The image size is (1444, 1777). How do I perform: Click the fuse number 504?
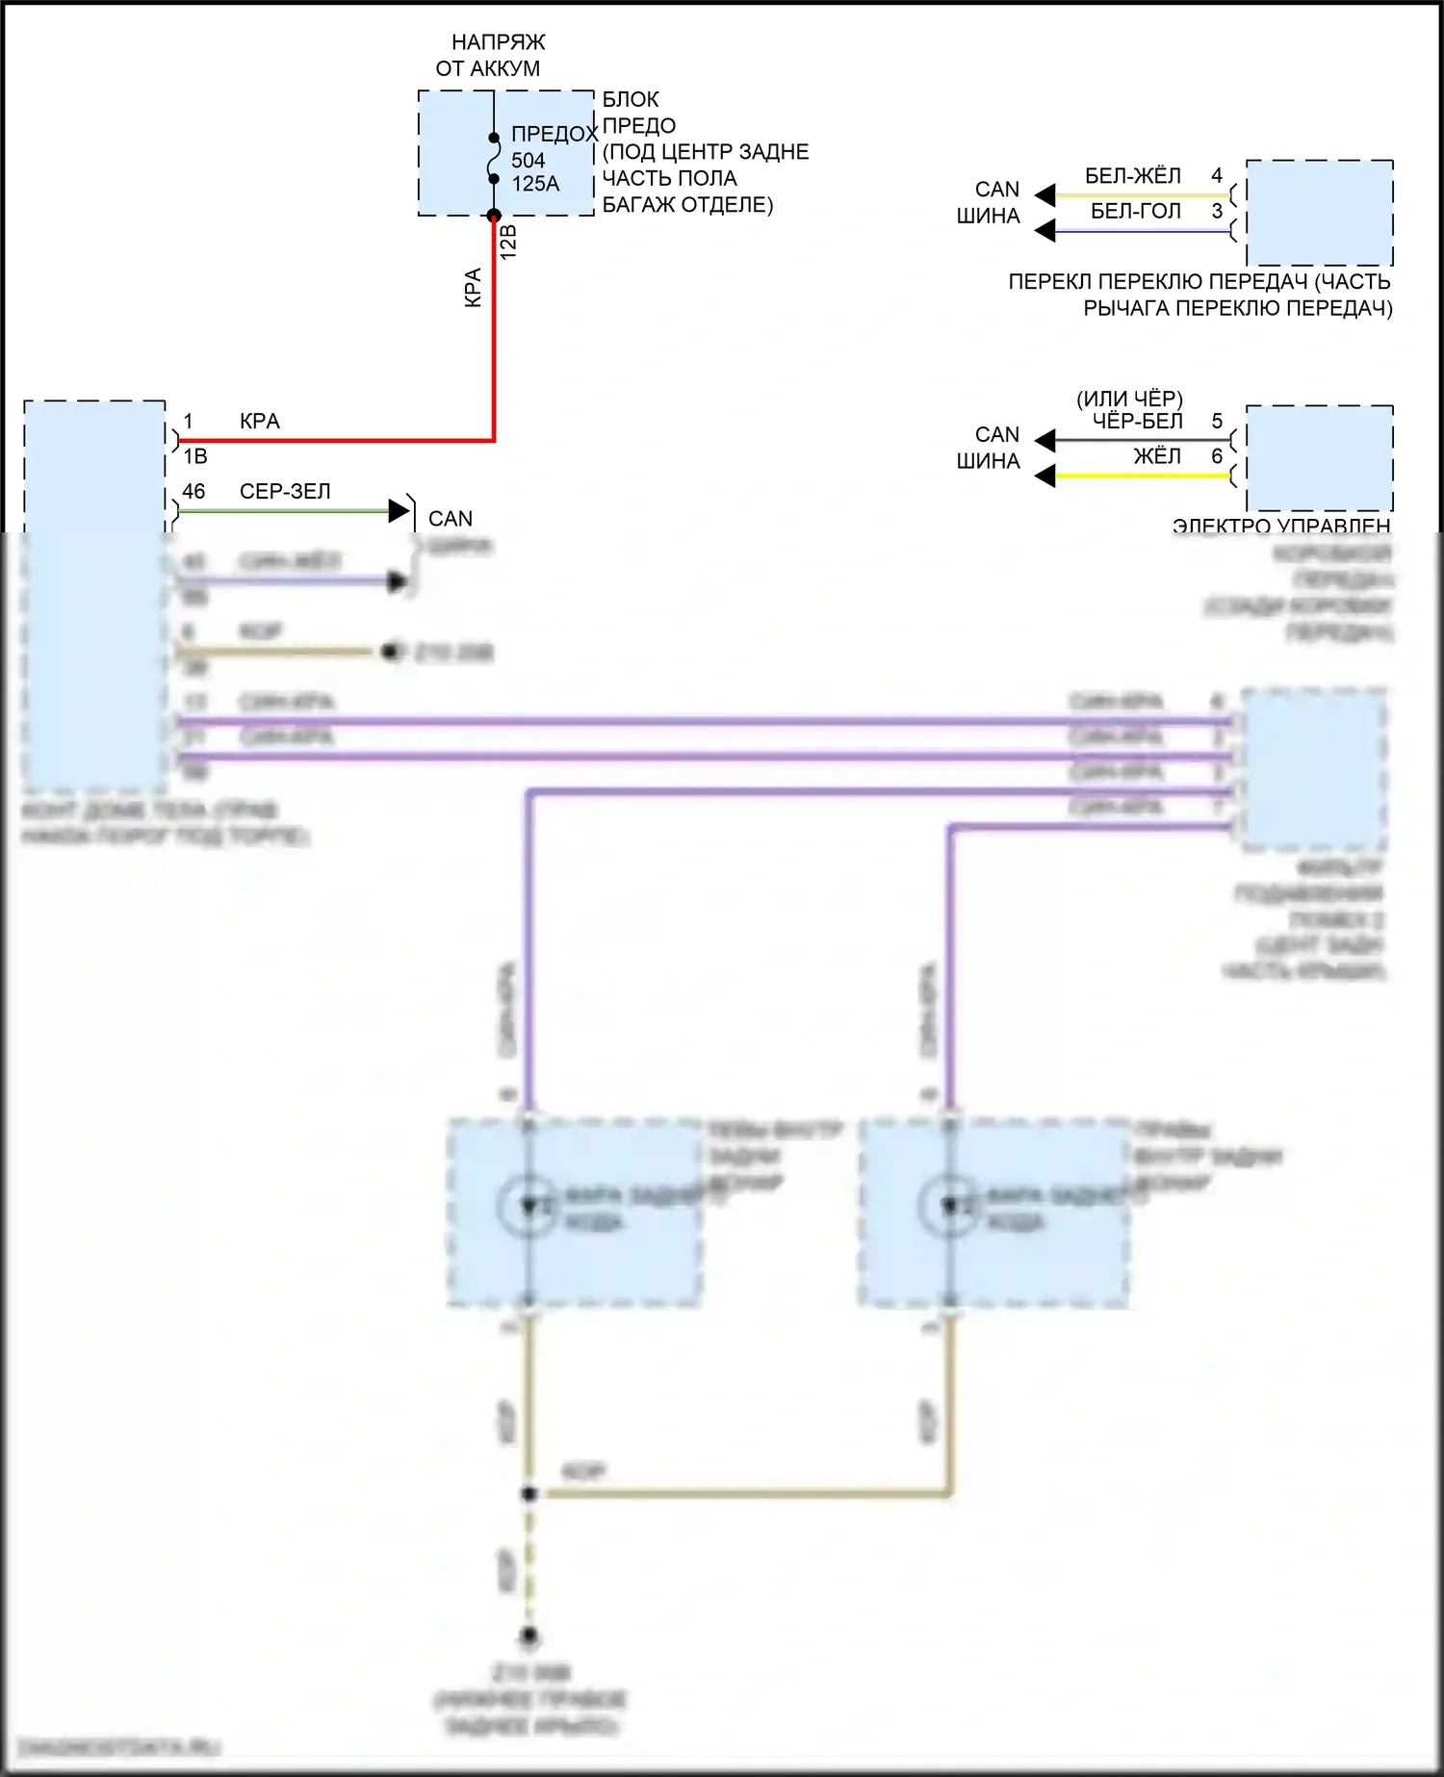(528, 160)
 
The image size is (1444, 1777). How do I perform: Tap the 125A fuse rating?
(535, 184)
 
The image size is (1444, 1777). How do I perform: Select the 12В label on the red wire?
(509, 242)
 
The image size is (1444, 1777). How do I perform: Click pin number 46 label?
(193, 491)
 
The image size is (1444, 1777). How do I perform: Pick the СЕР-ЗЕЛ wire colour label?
(285, 491)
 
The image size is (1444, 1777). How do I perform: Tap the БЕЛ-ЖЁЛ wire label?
(1132, 175)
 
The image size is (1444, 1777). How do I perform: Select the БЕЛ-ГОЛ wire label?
(1135, 211)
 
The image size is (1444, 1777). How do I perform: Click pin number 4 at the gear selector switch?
(1217, 175)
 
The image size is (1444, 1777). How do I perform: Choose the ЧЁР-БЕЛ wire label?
(1137, 421)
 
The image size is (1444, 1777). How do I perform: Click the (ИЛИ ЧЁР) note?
(1129, 398)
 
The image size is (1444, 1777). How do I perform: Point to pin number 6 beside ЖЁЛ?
(1217, 455)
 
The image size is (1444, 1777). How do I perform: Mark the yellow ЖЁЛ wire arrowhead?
(1045, 476)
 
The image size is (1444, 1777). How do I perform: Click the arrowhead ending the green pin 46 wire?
(399, 511)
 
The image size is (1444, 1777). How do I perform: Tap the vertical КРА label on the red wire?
(473, 287)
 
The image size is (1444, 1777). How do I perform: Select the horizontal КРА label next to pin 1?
(260, 421)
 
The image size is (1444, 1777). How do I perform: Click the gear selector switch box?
(1319, 213)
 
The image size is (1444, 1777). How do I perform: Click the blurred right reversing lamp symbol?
(949, 1205)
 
